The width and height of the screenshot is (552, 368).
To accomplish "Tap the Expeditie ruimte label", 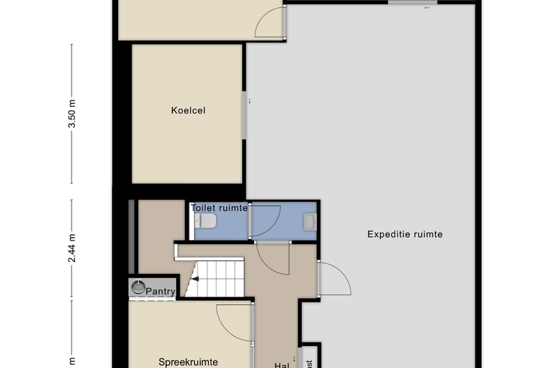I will tap(405, 234).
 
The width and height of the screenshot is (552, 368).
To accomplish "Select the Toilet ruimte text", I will tap(219, 208).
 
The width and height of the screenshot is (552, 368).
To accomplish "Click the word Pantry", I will tap(160, 290).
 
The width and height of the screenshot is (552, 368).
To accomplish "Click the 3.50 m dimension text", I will tap(71, 114).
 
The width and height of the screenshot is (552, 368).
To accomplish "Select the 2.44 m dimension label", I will tap(71, 249).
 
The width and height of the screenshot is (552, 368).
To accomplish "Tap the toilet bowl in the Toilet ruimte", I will tap(207, 222).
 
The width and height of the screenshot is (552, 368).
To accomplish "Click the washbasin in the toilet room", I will tap(310, 222).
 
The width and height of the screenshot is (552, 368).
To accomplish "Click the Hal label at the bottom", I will tap(281, 364).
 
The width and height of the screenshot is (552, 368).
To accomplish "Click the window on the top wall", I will tap(408, 3).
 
